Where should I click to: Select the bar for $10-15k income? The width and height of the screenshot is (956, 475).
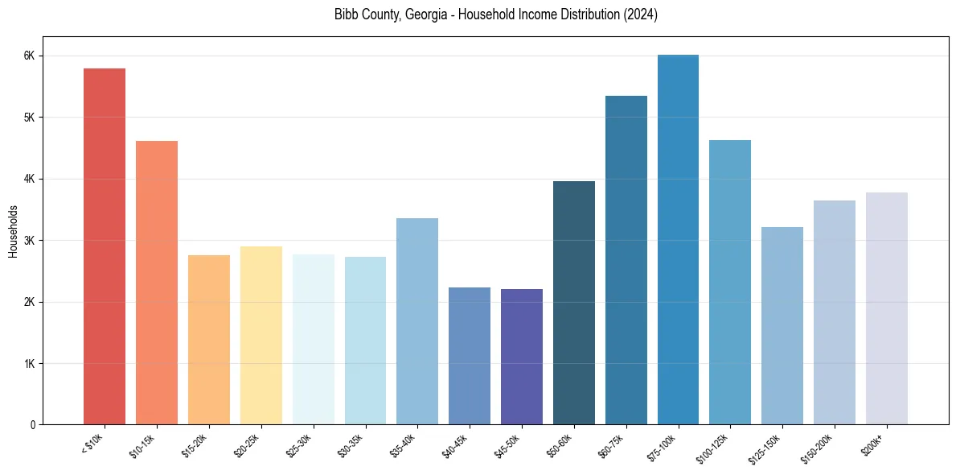[x=157, y=283]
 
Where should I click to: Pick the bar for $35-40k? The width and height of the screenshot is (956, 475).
[x=417, y=321]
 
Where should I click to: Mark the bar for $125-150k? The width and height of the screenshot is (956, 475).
[x=782, y=326]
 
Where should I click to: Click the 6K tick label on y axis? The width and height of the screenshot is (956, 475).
[x=29, y=56]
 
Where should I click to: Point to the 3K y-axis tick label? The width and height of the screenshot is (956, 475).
[x=29, y=241]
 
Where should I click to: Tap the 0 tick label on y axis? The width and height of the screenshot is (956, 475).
[x=31, y=425]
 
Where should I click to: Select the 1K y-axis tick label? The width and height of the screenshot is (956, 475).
[x=29, y=364]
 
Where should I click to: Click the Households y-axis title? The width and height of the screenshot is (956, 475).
[x=13, y=232]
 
